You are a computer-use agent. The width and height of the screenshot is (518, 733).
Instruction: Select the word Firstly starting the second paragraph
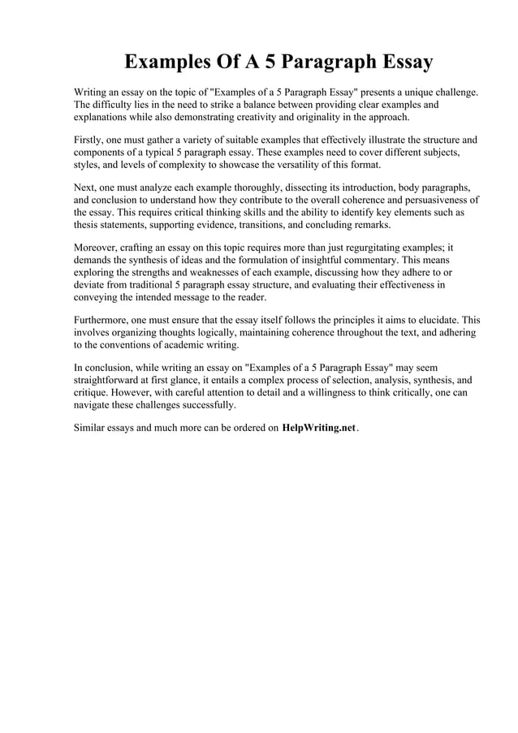click(x=89, y=140)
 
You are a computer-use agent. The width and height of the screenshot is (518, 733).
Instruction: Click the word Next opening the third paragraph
click(x=85, y=186)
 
